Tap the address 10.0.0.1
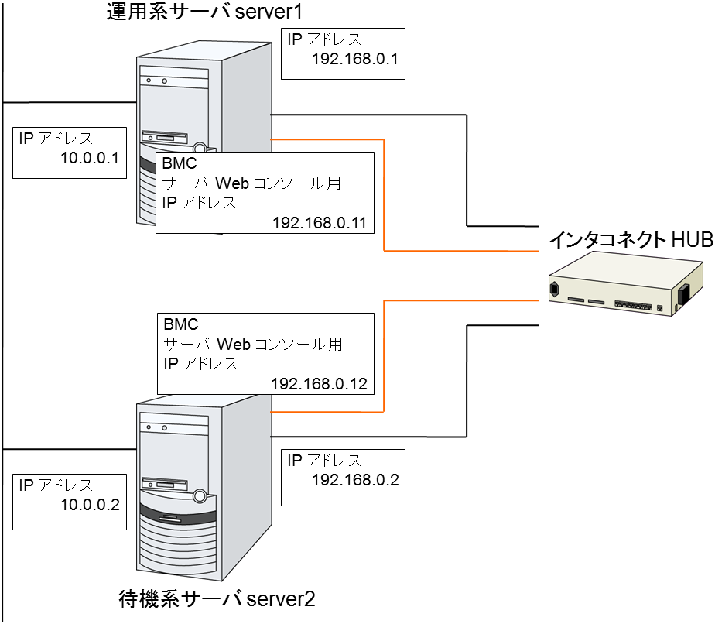[89, 159]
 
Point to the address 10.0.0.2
[89, 506]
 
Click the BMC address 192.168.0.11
[319, 222]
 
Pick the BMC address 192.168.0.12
[319, 383]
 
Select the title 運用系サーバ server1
[204, 13]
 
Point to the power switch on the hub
[684, 294]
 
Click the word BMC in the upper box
[180, 164]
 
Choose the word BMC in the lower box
[180, 324]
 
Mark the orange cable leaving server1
[385, 194]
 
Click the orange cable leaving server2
[385, 356]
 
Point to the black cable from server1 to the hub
[467, 170]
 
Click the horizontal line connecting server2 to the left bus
[70, 449]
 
